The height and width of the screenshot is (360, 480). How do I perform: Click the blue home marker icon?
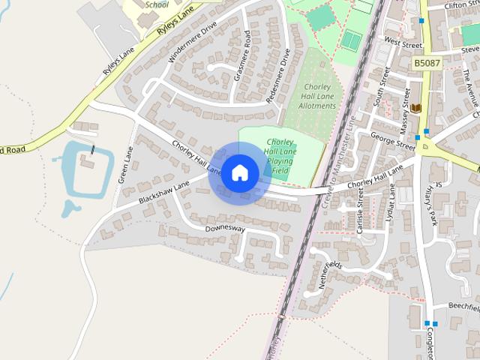[240, 172]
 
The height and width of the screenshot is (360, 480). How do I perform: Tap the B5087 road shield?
[427, 64]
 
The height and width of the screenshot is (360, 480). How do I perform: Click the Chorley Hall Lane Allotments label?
[318, 95]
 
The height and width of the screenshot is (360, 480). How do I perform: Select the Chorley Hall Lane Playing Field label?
[279, 156]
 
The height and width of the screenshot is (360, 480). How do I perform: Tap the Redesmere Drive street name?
[277, 74]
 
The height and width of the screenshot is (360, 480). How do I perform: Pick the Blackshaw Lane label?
[164, 192]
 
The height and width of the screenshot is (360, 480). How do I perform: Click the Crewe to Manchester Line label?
[337, 162]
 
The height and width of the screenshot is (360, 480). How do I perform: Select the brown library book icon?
[415, 109]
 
